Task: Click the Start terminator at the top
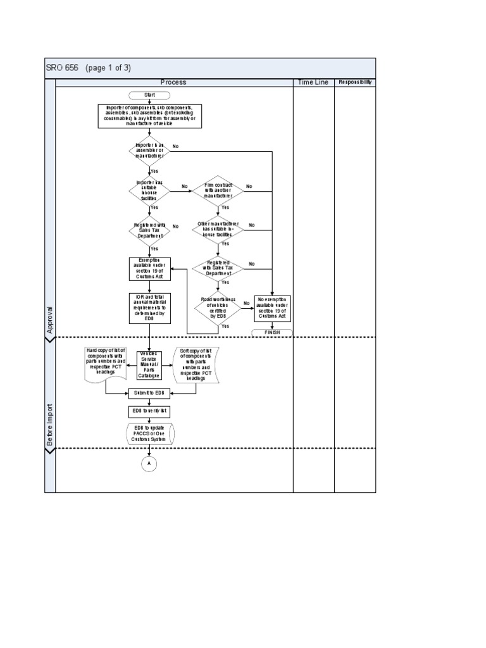coord(149,96)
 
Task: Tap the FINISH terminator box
coord(272,332)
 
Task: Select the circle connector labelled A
coord(149,464)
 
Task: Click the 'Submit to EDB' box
coord(149,393)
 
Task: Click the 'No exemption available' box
coord(272,308)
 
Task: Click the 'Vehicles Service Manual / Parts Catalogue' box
coord(149,366)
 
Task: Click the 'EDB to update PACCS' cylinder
coord(149,433)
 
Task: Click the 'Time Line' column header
coord(313,82)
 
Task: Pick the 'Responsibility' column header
coord(355,82)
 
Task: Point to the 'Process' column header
coord(173,82)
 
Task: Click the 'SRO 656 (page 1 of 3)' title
coord(89,68)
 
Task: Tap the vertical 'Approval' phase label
coord(50,320)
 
